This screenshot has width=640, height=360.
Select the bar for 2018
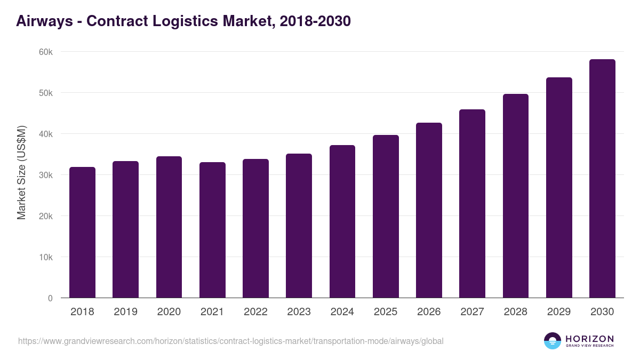click(82, 233)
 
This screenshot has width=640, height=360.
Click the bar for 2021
click(212, 230)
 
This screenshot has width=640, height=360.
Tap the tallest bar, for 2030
click(602, 179)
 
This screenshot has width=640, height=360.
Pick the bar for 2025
click(386, 217)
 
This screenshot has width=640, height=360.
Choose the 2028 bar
click(516, 196)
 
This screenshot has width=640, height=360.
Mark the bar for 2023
click(299, 226)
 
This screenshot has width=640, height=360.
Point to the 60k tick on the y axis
click(45, 52)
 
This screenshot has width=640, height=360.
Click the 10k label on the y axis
click(45, 257)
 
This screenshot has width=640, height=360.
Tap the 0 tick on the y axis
click(50, 298)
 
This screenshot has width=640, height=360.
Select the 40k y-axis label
click(45, 134)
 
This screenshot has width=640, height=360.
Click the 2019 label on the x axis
click(125, 312)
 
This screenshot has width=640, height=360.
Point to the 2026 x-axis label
click(429, 312)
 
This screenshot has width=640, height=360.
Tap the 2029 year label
click(559, 312)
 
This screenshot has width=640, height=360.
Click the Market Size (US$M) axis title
click(21, 172)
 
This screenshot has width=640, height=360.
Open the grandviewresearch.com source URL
click(230, 341)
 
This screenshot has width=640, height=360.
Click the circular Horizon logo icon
click(553, 341)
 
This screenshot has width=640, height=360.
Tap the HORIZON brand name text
click(589, 339)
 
